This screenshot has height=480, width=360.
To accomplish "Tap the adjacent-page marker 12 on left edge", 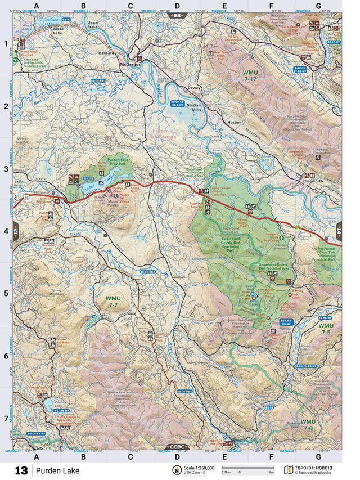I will (16, 230).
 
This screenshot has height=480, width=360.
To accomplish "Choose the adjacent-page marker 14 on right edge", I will (339, 230).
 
